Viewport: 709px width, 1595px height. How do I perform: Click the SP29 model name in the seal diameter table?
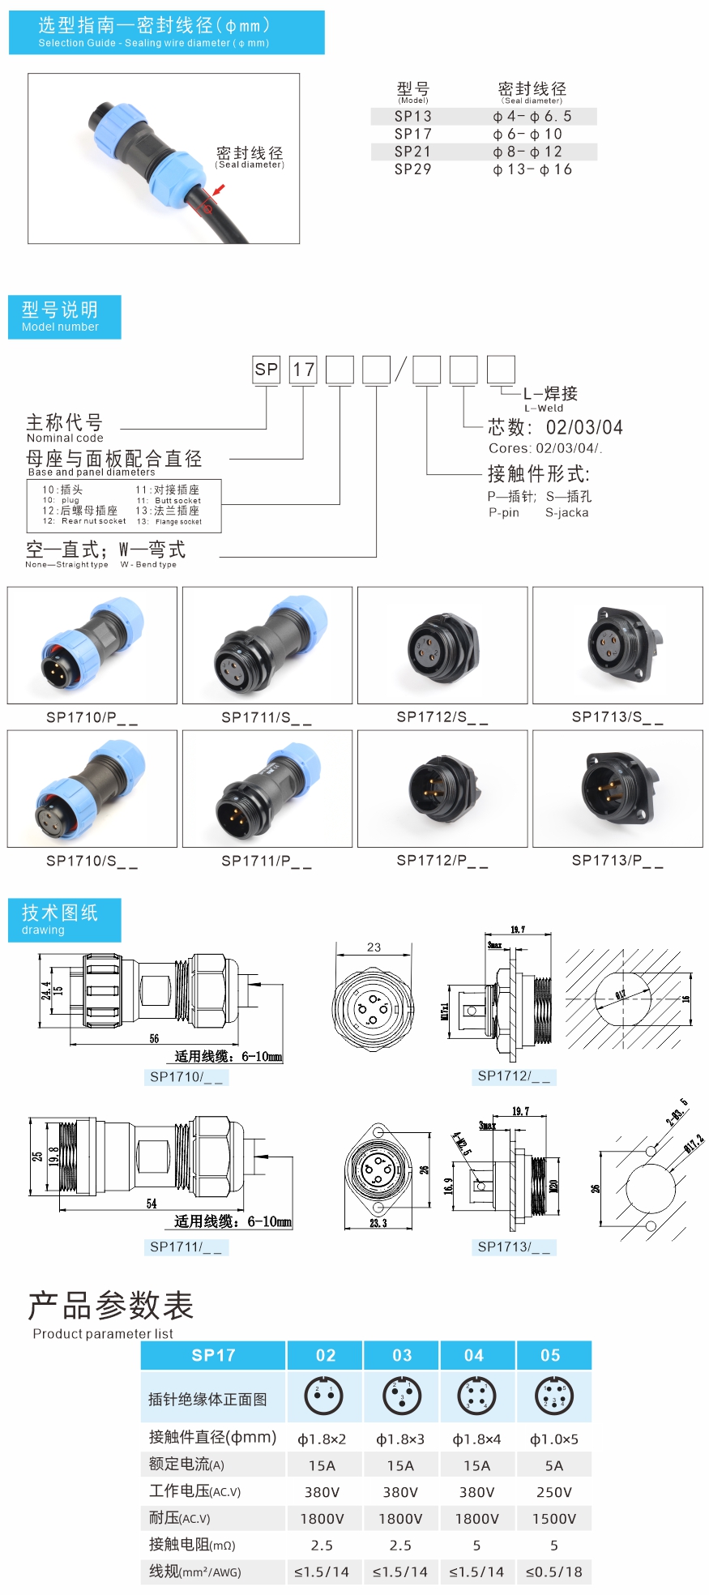point(412,169)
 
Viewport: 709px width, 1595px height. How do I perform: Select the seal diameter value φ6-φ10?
point(527,134)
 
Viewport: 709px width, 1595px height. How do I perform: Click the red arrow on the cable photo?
point(216,191)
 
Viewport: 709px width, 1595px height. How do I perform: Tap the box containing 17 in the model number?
point(303,370)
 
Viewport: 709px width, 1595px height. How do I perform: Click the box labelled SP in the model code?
point(266,370)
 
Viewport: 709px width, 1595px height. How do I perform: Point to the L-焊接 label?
point(550,394)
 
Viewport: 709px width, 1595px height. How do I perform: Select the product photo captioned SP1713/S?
point(617,645)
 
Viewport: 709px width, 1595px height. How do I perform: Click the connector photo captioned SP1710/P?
point(92,645)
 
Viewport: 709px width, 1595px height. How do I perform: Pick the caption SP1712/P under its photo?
point(442,861)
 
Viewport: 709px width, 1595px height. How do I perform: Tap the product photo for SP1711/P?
point(267,789)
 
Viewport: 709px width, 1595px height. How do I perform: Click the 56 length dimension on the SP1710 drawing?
point(154,1038)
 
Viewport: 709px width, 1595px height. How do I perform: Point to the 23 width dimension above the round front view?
point(374,947)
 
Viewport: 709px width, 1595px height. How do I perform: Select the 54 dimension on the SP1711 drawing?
point(152,1204)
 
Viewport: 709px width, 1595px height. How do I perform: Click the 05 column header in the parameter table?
point(550,1355)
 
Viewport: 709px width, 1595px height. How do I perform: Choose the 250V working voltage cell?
point(553,1492)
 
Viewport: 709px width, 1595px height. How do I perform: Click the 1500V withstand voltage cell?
point(553,1519)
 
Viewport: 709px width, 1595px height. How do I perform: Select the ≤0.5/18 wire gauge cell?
point(553,1572)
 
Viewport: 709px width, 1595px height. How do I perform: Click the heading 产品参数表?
point(111,1306)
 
